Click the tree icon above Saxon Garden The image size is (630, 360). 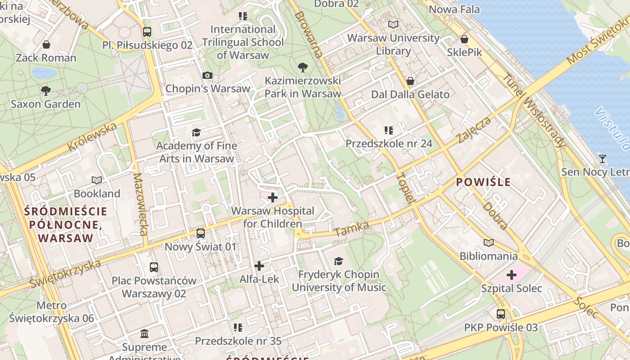click(x=45, y=91)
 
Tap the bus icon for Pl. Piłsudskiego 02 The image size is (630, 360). click(x=147, y=32)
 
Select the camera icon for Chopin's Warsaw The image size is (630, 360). click(x=207, y=75)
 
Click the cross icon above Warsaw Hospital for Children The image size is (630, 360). click(x=272, y=198)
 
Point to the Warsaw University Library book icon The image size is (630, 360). click(x=393, y=25)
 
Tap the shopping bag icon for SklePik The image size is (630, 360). click(x=464, y=39)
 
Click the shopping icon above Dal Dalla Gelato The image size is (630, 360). click(x=410, y=81)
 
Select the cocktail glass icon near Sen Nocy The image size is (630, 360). click(x=602, y=158)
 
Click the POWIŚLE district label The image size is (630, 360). click(x=483, y=182)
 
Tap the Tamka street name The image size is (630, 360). click(x=352, y=229)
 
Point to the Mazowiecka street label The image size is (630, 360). click(x=141, y=204)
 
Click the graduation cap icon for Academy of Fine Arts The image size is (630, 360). click(x=196, y=132)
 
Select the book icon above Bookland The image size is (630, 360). click(x=97, y=180)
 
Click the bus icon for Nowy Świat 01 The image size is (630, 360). click(x=201, y=234)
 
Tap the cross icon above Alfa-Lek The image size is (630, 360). click(x=259, y=266)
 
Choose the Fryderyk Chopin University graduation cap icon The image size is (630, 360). click(x=338, y=261)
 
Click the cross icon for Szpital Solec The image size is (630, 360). click(x=511, y=275)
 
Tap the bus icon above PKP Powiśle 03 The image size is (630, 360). click(x=500, y=314)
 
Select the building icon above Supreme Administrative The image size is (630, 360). click(x=144, y=334)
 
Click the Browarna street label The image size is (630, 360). click(x=309, y=35)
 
